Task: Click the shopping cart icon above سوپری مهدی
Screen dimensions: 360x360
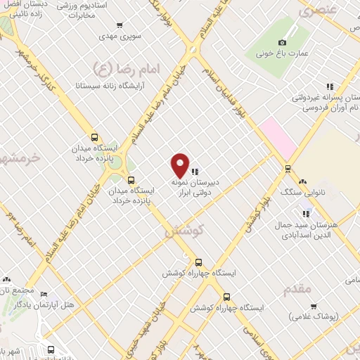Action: pos(148,22)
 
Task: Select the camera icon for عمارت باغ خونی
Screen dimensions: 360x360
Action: pos(283,43)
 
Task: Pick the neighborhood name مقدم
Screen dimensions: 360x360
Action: pos(297,289)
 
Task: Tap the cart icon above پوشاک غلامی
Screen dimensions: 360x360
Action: pos(314,307)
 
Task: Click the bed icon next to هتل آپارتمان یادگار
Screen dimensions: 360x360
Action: pos(44,295)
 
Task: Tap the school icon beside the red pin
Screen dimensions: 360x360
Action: pos(195,171)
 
